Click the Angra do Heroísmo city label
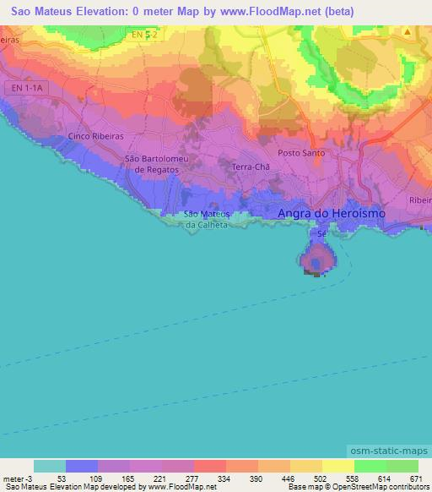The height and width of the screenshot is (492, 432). pyautogui.click(x=332, y=214)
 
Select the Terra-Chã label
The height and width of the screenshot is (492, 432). pyautogui.click(x=251, y=167)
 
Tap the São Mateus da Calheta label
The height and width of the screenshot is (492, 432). pyautogui.click(x=208, y=219)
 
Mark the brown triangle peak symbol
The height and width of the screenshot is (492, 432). pyautogui.click(x=407, y=32)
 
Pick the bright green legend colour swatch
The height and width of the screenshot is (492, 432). pyautogui.click(x=370, y=466)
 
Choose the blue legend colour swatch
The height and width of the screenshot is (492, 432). pyautogui.click(x=82, y=466)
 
